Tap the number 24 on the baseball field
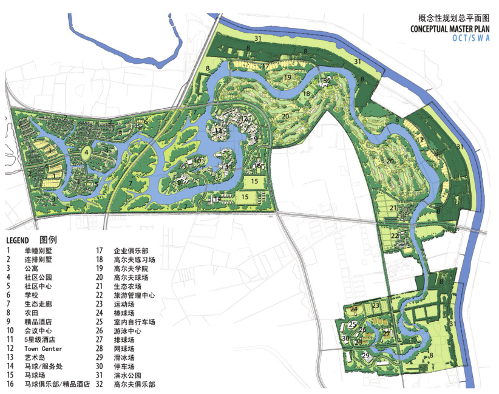tap(353, 308)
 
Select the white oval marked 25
tap(353, 325)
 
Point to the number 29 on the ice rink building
tap(365, 355)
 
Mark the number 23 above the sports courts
tap(376, 305)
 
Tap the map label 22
tap(395, 236)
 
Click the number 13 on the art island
tap(218, 131)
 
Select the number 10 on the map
tap(197, 161)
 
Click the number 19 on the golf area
tap(288, 77)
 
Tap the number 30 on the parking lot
tap(345, 339)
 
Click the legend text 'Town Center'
tap(43, 349)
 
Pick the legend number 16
tap(10, 384)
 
